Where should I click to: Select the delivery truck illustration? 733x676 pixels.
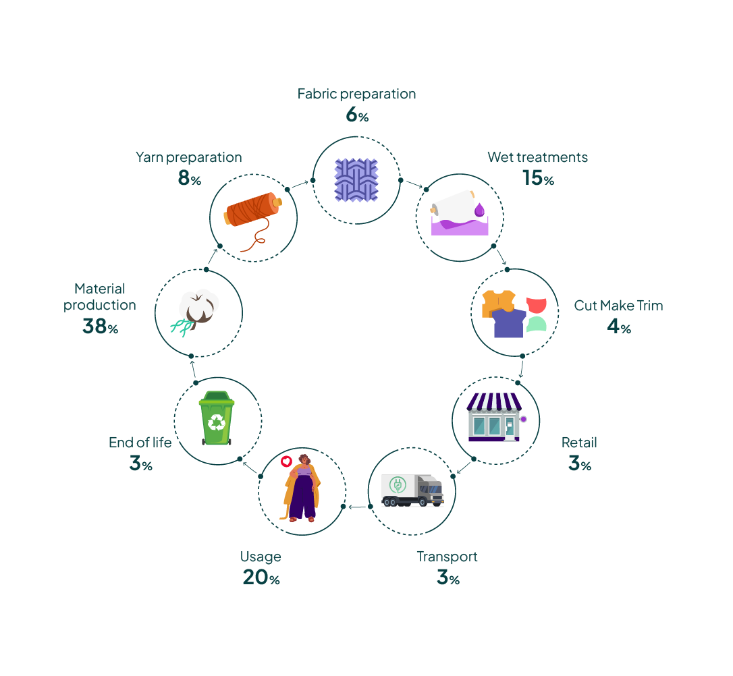(412, 490)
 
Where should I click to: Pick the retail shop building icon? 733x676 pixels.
(495, 418)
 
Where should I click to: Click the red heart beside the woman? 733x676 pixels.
(286, 462)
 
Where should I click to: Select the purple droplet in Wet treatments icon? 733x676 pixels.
(480, 210)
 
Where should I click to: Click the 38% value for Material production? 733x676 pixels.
(100, 327)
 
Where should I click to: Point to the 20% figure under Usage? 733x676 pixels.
(261, 578)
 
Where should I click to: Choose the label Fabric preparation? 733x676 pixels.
(356, 94)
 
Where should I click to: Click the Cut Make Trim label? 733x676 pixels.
(618, 306)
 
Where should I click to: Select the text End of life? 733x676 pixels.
(140, 443)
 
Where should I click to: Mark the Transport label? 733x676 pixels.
(447, 557)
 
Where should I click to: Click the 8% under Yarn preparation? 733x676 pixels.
(189, 179)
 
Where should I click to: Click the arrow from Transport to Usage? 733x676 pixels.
(357, 507)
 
